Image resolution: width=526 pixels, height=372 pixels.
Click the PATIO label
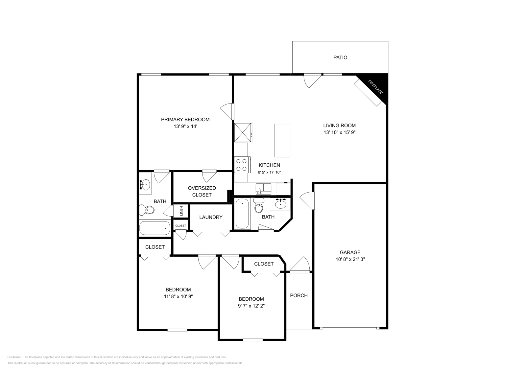(x=340, y=58)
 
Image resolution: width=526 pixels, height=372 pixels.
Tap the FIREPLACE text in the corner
(x=375, y=87)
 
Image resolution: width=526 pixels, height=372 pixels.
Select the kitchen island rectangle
(x=282, y=140)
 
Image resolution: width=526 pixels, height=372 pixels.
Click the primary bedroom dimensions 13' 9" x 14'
(x=185, y=127)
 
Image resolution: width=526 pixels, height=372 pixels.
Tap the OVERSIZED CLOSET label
(x=202, y=191)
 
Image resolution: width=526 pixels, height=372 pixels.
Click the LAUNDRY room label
(x=211, y=217)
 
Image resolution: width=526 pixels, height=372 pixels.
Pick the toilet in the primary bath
(x=147, y=210)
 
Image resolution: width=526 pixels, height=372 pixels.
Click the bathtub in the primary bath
(x=155, y=228)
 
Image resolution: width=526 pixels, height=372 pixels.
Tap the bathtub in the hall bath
(x=242, y=214)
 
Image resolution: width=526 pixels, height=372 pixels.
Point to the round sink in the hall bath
(x=280, y=205)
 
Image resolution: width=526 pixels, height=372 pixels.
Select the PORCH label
(x=299, y=295)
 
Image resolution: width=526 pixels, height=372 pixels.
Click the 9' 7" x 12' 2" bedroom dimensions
(x=251, y=306)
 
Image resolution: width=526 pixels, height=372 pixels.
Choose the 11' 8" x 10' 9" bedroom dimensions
(x=178, y=296)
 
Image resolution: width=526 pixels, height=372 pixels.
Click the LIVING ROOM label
(x=339, y=125)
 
